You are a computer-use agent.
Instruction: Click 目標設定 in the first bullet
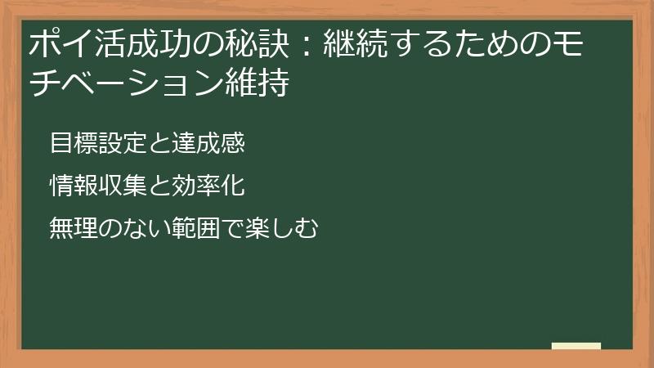tap(98, 142)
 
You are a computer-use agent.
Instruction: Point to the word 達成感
tap(208, 142)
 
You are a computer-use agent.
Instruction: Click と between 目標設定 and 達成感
tap(159, 143)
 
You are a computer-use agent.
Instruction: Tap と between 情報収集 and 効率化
tap(159, 186)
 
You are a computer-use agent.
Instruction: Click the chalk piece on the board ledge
tap(576, 346)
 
